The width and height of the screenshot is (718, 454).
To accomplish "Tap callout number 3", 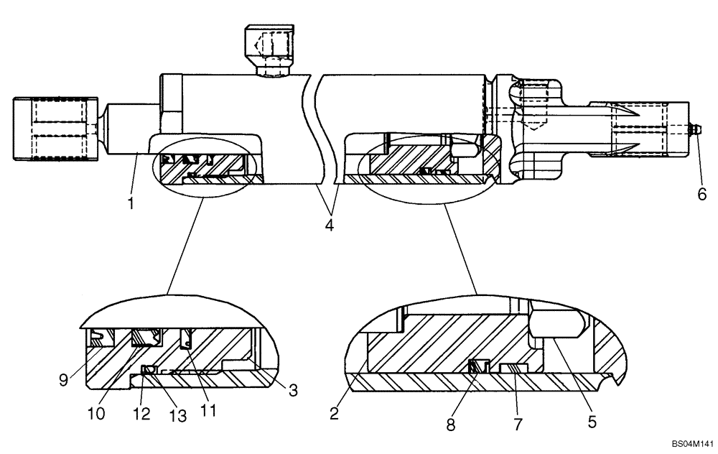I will click(x=292, y=390).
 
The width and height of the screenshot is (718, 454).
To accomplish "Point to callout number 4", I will click(x=330, y=226).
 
